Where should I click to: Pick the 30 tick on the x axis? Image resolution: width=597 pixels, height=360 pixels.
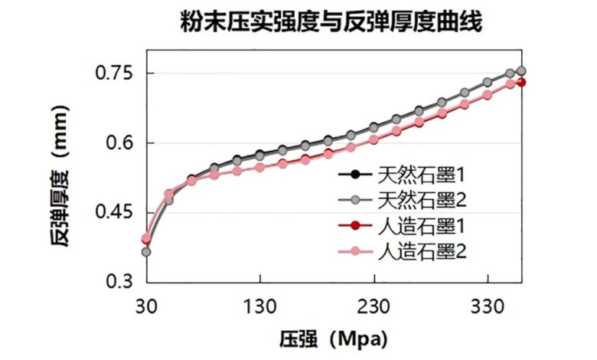click(146, 306)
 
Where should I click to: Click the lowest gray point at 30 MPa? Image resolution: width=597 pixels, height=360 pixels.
click(146, 252)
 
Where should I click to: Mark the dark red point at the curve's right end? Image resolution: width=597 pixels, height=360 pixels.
click(521, 82)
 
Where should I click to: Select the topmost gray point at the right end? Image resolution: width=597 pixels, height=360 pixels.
click(521, 70)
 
